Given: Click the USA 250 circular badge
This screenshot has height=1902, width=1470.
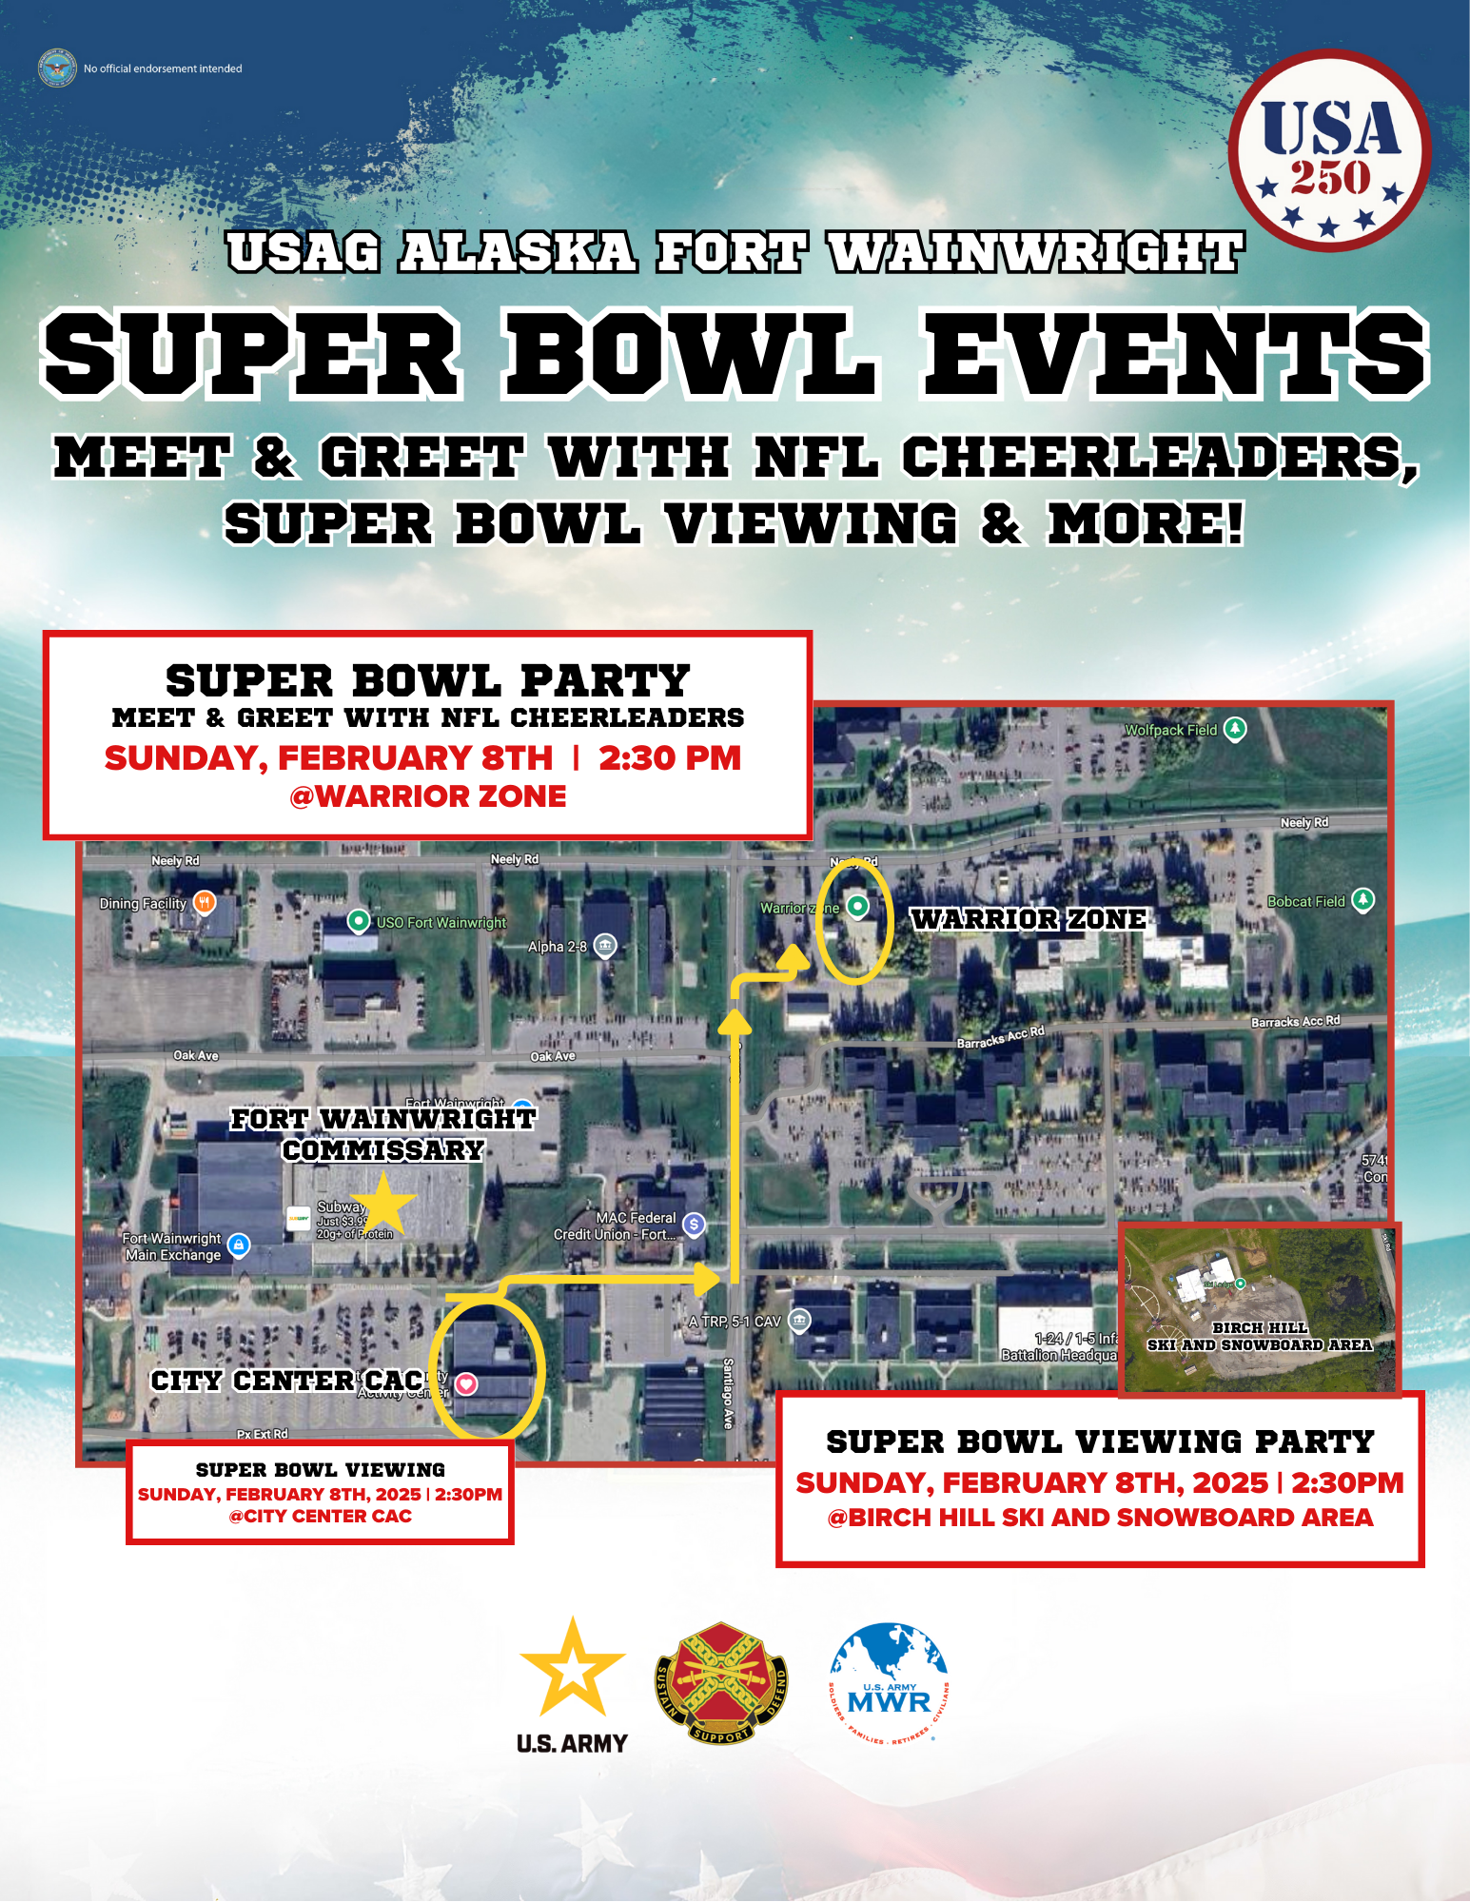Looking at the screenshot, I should click(x=1329, y=151).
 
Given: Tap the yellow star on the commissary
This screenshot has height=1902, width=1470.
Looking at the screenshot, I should click(x=383, y=1204).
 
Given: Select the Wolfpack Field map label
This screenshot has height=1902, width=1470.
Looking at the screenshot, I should click(x=1170, y=730).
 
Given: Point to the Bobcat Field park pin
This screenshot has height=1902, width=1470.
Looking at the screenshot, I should click(x=1363, y=899).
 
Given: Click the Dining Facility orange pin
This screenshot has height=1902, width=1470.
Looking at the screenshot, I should click(x=205, y=902).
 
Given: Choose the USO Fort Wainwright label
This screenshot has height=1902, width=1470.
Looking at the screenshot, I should click(x=441, y=922).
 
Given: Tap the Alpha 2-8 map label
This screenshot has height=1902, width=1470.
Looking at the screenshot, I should click(x=558, y=946).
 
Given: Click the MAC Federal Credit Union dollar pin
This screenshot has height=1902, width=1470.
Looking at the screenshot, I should click(x=695, y=1225).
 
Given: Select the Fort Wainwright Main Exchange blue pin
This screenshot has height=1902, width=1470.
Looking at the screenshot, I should click(x=239, y=1245).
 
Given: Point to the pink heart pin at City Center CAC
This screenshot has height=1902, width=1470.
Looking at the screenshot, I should click(x=466, y=1383).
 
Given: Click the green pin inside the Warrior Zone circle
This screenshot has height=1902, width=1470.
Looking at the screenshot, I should click(x=857, y=906).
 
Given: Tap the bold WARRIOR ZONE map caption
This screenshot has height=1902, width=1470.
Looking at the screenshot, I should click(x=1029, y=919).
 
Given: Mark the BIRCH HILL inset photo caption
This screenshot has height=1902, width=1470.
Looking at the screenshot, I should click(x=1260, y=1336).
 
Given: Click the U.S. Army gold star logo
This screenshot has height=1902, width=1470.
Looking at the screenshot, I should click(x=572, y=1669).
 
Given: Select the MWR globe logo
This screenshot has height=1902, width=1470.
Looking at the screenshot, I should click(x=889, y=1683).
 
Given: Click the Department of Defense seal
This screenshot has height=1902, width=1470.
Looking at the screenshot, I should click(x=57, y=68).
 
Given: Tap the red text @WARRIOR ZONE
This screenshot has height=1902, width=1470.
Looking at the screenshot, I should click(x=427, y=795).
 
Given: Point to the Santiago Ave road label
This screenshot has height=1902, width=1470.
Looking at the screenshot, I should click(x=728, y=1393).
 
